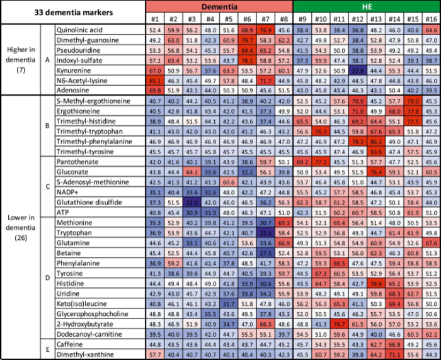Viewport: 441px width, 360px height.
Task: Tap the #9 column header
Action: (302, 18)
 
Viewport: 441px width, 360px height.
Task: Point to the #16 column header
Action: (432, 18)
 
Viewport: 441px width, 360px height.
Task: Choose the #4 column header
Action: (210, 18)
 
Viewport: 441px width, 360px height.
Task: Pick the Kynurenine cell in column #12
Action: (358, 72)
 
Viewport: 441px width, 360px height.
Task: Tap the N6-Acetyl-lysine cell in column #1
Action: (155, 81)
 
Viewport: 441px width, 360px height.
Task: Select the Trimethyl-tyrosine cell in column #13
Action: (377, 152)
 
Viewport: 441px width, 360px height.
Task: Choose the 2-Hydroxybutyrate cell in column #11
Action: (340, 324)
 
